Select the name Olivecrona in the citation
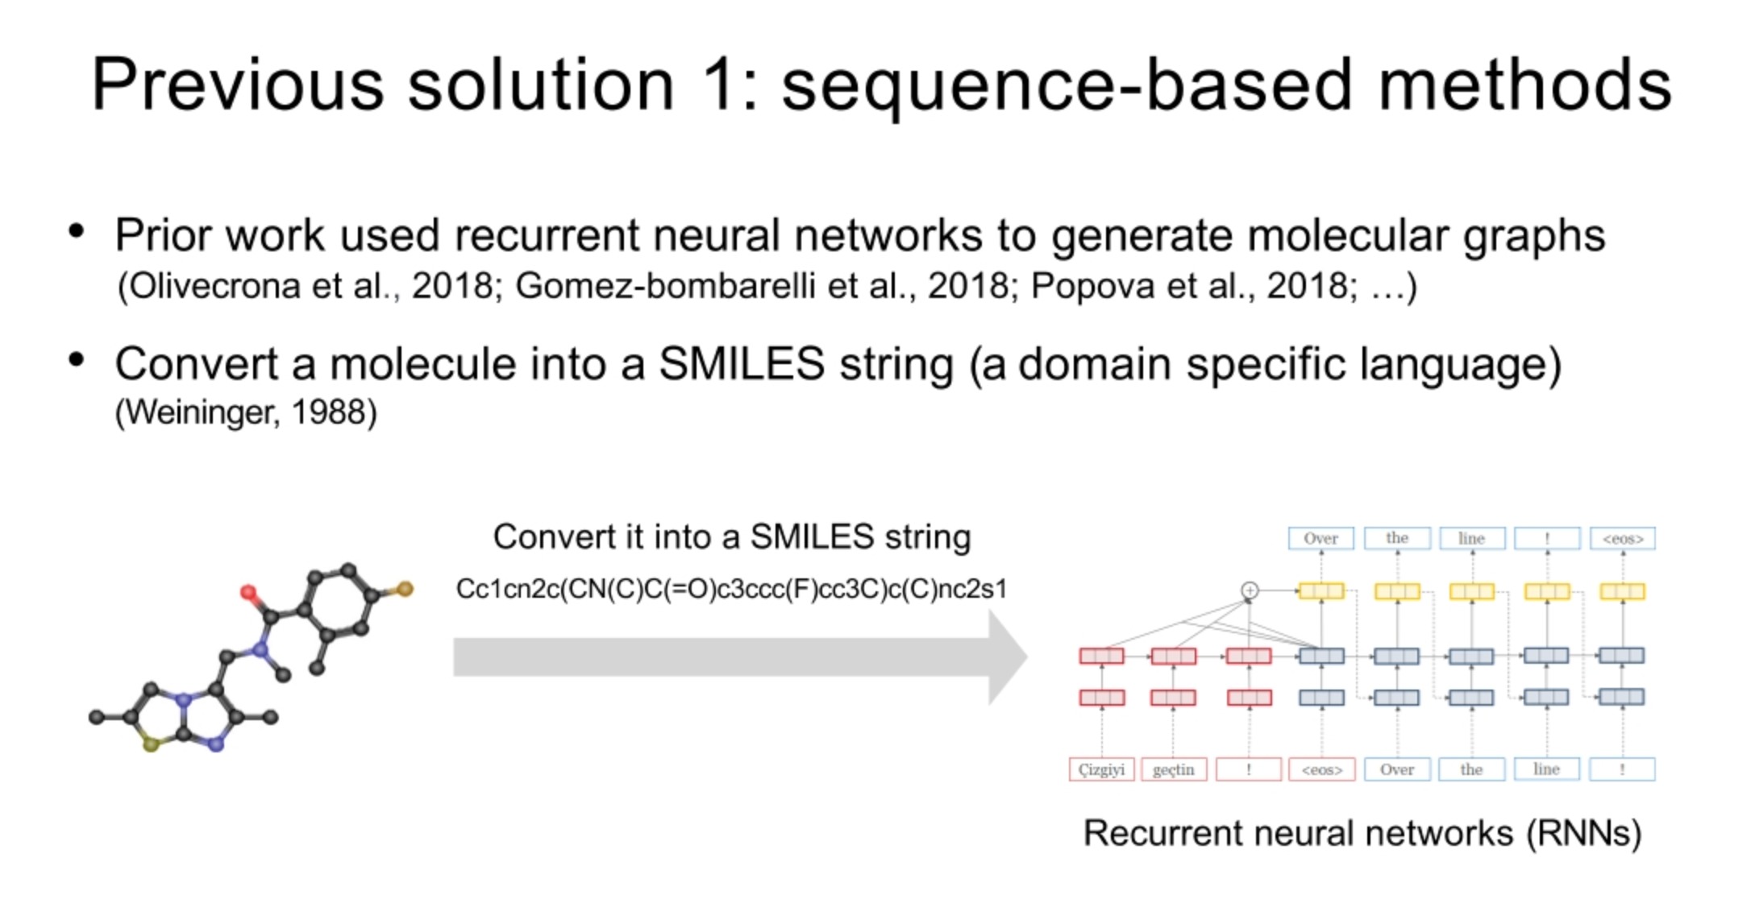214,286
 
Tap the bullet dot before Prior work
77,232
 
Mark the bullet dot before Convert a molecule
77,360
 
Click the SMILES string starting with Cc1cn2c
731,589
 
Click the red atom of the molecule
249,593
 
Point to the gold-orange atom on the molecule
405,589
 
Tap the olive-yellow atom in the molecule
151,744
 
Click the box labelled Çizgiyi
1101,769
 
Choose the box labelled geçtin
1173,769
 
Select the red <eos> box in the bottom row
1322,769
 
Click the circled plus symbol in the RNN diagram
1250,590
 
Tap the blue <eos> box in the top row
1622,538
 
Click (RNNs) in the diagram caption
1583,833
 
